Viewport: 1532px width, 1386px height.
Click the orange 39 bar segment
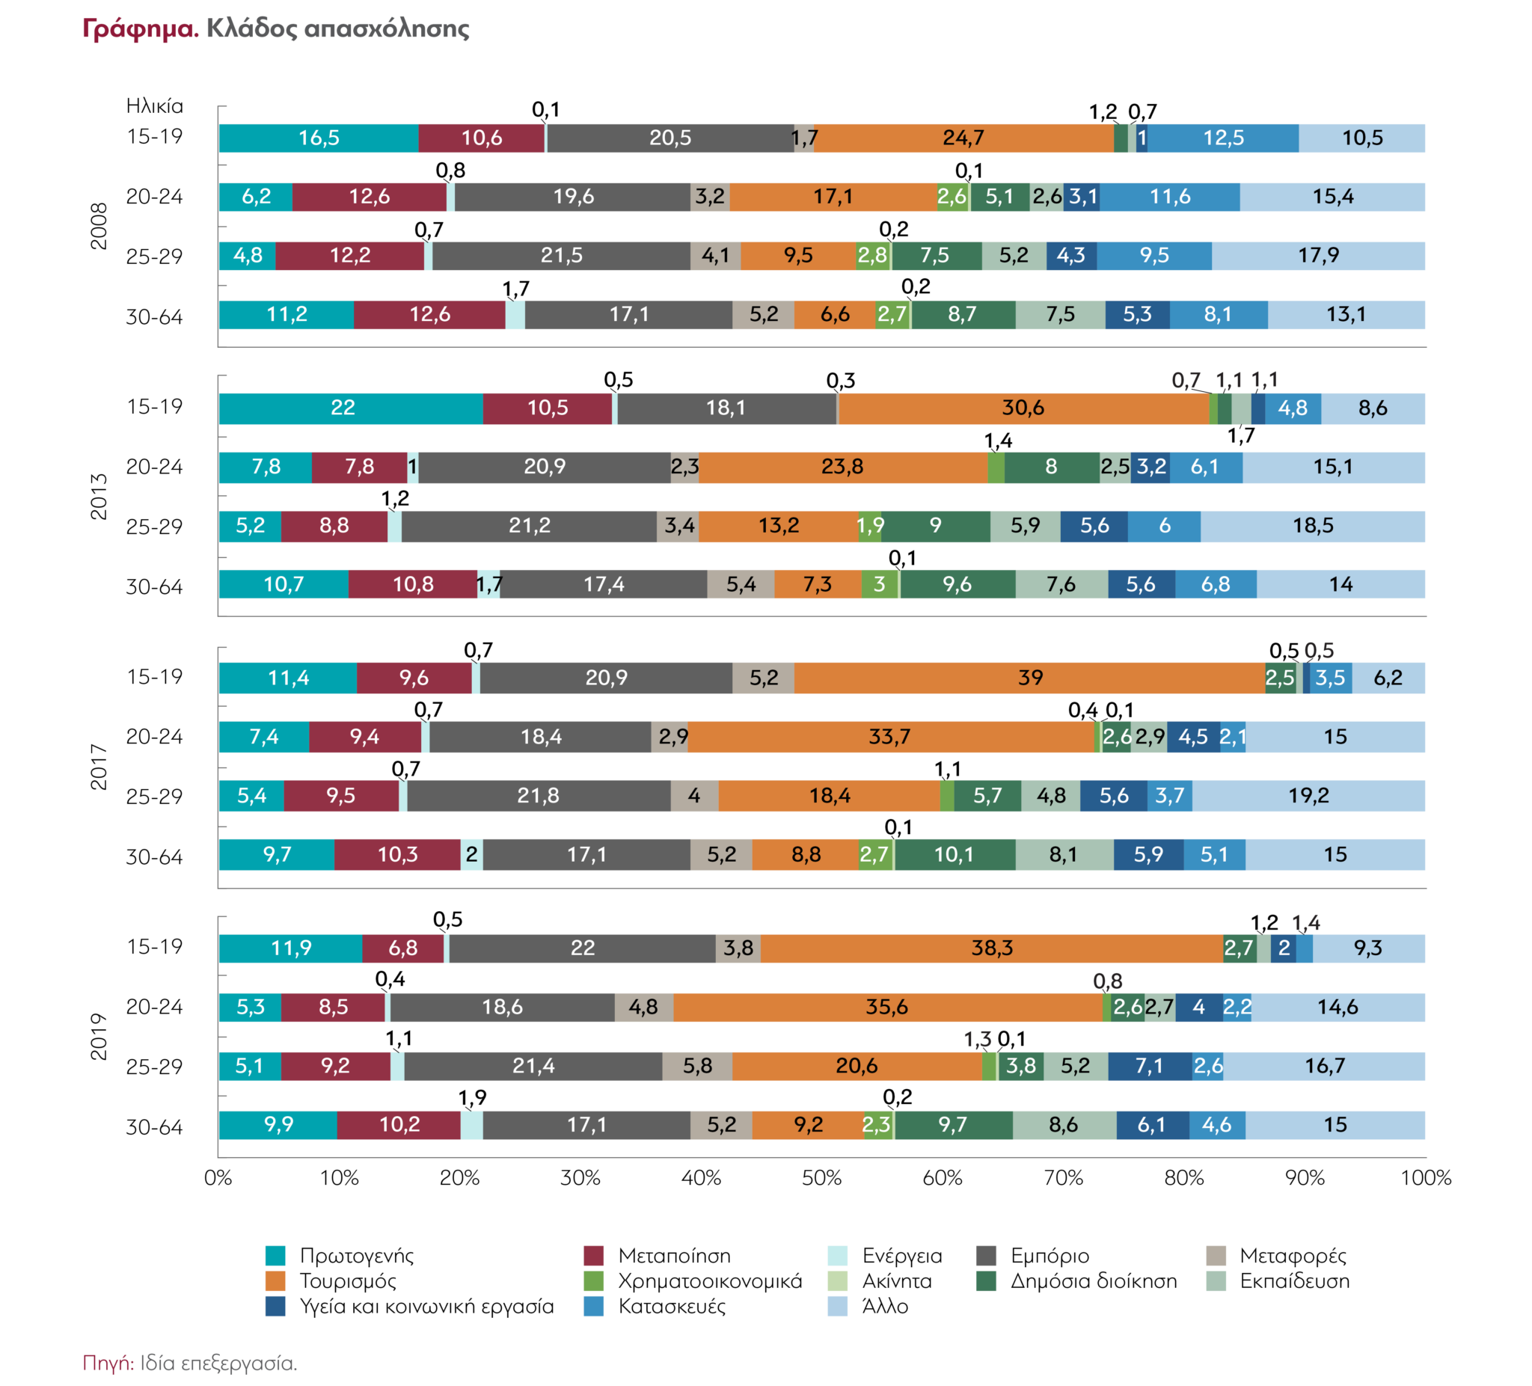tap(1030, 678)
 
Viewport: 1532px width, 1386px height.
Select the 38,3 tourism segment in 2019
tap(992, 948)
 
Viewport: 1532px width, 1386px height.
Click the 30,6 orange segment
tap(1023, 408)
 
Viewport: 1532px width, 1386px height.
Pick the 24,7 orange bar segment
tap(963, 138)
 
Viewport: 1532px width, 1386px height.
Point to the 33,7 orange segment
tap(890, 736)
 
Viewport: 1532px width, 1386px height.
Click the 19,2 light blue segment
tap(1308, 796)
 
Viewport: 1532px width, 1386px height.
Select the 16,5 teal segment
tap(319, 138)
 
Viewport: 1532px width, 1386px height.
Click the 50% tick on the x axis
tap(821, 1178)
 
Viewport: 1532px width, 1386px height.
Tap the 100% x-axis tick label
tap(1426, 1178)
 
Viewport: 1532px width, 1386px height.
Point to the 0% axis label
tap(218, 1178)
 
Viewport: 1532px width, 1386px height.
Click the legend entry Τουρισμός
tap(347, 1281)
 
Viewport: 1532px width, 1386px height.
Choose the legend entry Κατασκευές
tap(672, 1306)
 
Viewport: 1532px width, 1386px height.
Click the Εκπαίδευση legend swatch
tap(1216, 1281)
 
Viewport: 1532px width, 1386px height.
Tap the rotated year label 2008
tap(99, 226)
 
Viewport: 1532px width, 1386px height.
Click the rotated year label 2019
tap(99, 1037)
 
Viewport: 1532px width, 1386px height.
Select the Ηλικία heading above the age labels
tap(155, 105)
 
